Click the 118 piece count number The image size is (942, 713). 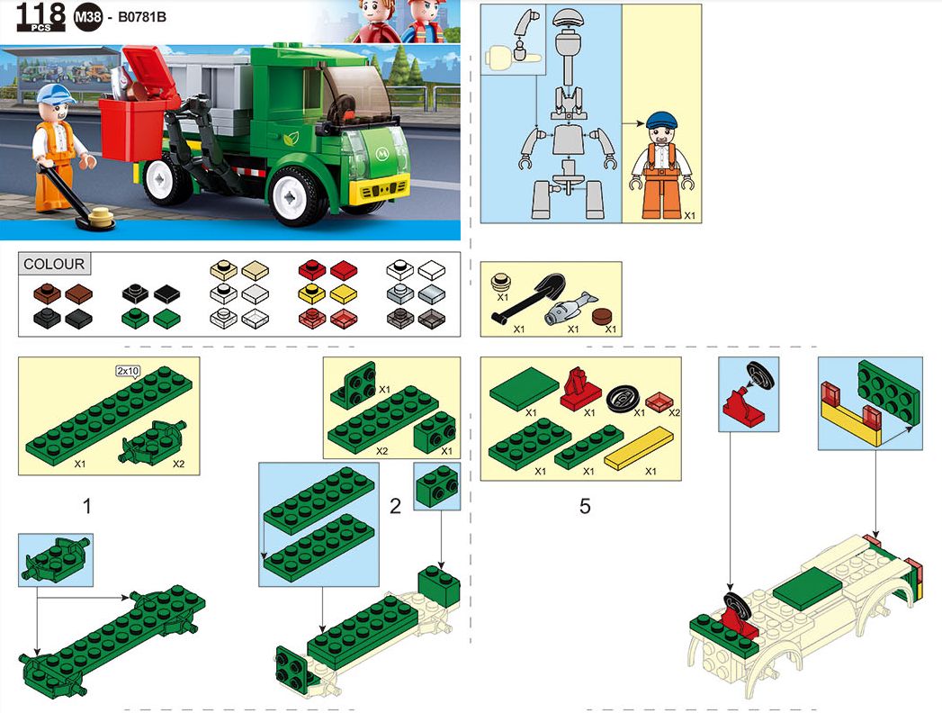click(x=40, y=14)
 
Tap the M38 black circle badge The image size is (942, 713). click(x=87, y=17)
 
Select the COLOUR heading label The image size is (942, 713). click(x=54, y=264)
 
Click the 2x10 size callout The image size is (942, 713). click(x=128, y=372)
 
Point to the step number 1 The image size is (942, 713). click(x=87, y=506)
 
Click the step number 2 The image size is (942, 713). click(x=395, y=506)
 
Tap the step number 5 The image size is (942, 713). click(x=585, y=506)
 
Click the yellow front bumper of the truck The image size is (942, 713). click(x=380, y=191)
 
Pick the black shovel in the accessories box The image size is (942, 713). click(x=529, y=298)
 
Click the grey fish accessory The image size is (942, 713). click(x=570, y=308)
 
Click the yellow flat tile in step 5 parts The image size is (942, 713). click(x=639, y=448)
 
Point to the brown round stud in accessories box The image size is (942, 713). click(x=603, y=316)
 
